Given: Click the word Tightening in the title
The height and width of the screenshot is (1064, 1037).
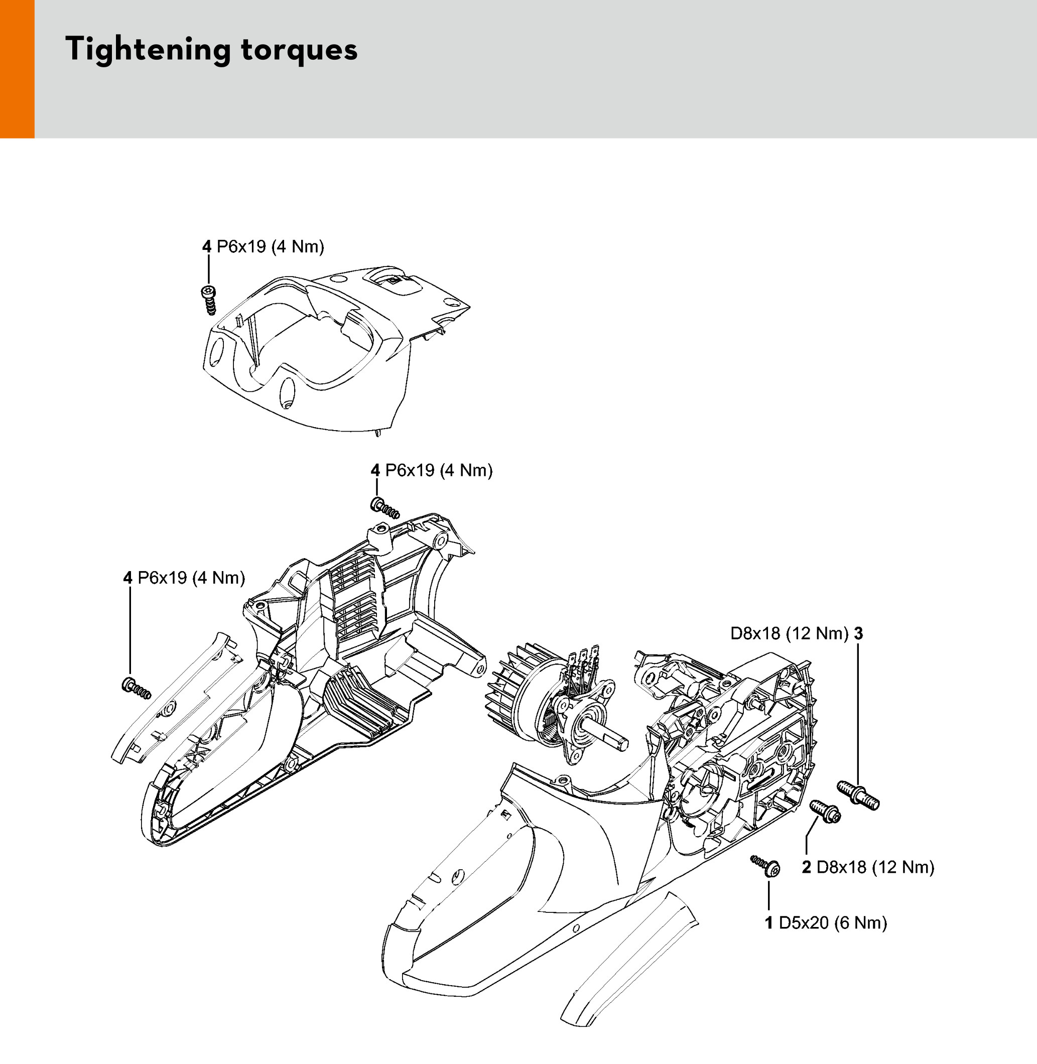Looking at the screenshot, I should (147, 50).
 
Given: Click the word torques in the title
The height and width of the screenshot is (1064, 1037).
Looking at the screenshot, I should (299, 50).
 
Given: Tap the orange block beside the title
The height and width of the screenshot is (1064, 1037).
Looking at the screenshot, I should (17, 69).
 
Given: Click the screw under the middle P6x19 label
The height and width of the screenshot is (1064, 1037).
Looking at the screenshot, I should (384, 507).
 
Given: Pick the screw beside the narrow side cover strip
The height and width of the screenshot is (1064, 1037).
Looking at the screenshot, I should (136, 688).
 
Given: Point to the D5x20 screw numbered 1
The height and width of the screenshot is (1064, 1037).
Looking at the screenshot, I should (766, 866).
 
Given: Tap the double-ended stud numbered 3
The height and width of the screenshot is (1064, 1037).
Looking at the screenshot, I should (858, 795).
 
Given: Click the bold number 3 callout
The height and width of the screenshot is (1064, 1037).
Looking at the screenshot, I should (858, 633).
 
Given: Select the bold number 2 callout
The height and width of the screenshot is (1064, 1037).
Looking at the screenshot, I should (807, 867).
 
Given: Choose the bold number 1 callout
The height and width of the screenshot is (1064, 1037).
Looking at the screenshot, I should (769, 922).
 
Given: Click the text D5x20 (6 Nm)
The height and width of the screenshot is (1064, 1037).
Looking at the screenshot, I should (833, 922).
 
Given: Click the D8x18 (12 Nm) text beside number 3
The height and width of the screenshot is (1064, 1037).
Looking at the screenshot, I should (789, 633).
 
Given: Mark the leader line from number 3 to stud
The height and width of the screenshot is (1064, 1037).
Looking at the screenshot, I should (858, 713).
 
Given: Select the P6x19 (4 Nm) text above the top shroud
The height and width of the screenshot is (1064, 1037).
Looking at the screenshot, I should (270, 246).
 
